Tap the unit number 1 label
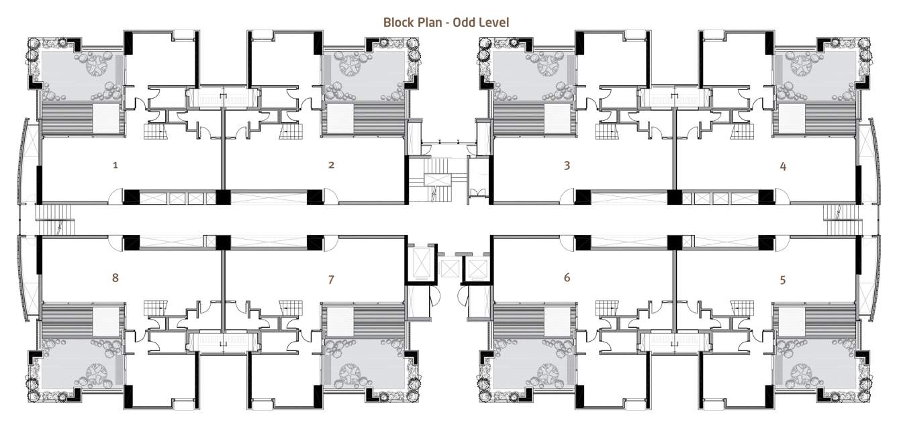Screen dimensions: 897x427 (115, 164)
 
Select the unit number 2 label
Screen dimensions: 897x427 (331, 164)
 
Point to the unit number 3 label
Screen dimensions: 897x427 (567, 165)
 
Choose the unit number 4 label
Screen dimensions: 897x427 (783, 166)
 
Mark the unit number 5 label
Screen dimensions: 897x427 (783, 279)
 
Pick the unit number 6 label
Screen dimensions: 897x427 (567, 277)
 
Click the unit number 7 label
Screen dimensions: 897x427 (331, 279)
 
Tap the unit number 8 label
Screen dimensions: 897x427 (115, 277)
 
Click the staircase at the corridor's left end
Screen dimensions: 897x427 (55, 220)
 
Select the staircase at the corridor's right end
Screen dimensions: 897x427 (842, 220)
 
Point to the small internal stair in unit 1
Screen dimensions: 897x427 (155, 132)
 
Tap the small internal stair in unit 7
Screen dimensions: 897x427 (291, 308)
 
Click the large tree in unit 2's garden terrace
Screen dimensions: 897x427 (350, 65)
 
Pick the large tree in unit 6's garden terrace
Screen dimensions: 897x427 (549, 374)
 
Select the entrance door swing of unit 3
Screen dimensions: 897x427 (567, 197)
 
